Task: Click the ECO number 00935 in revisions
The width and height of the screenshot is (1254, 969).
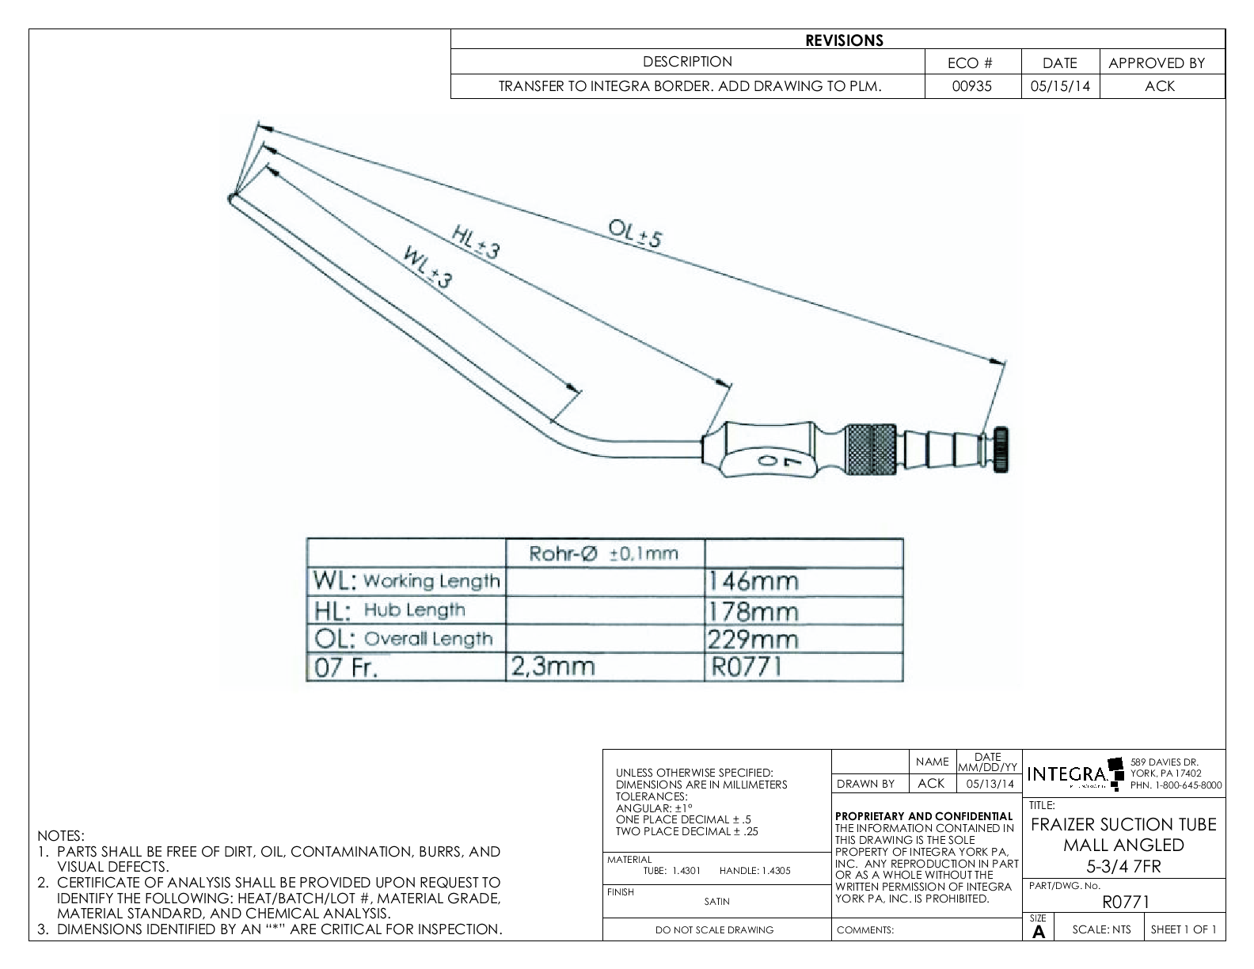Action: point(973,86)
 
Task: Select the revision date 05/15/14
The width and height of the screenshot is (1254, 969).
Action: point(1060,86)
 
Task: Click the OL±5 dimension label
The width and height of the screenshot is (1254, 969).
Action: point(634,233)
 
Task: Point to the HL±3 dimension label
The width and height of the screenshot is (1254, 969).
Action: point(475,241)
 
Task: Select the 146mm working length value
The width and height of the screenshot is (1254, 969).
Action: point(753,582)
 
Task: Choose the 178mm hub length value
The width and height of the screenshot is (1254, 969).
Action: point(753,610)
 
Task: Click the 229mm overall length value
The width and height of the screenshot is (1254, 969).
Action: point(753,639)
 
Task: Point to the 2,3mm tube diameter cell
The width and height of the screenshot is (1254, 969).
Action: point(553,667)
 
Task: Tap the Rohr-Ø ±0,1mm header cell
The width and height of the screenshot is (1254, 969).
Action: point(604,553)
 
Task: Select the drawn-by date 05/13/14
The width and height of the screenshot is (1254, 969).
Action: point(989,784)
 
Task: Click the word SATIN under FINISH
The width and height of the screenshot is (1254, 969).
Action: point(716,901)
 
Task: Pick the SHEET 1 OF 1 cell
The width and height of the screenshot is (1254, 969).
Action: point(1184,929)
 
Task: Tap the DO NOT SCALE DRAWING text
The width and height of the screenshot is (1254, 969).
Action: point(714,930)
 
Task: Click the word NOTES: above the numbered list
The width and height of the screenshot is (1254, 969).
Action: point(60,836)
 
